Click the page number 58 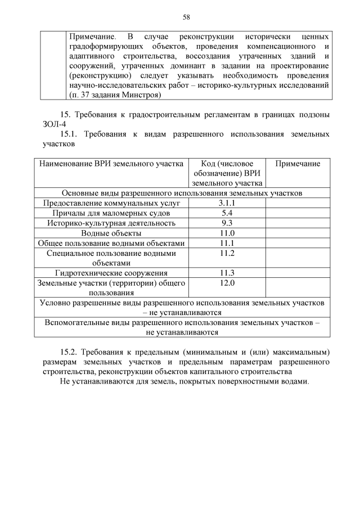[x=186, y=17]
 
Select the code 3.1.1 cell [x=227, y=203]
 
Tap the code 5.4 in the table [x=227, y=213]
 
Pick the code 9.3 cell [x=227, y=223]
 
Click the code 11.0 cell [x=227, y=233]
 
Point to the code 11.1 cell [x=227, y=244]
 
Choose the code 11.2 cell [x=227, y=254]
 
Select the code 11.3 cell [x=227, y=273]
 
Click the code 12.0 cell [x=227, y=283]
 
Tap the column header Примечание [x=298, y=164]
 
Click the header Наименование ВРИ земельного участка [x=111, y=164]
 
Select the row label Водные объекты [x=111, y=233]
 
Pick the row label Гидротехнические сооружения [x=111, y=273]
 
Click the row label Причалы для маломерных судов [x=111, y=213]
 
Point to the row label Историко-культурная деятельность [x=111, y=223]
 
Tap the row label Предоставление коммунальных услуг [x=111, y=203]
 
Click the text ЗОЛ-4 [x=55, y=124]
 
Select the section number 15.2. [x=69, y=352]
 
